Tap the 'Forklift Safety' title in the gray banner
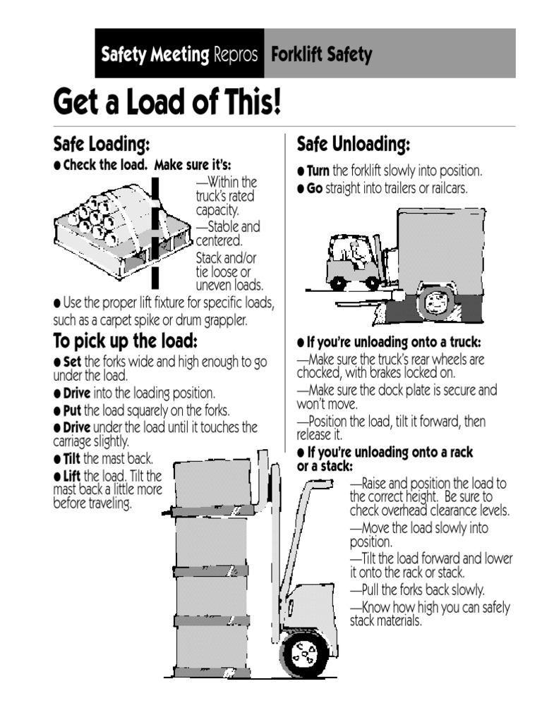(x=321, y=54)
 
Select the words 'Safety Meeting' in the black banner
(x=155, y=54)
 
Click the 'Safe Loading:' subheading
(x=102, y=145)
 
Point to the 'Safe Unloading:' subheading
(x=353, y=145)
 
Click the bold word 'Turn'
(x=318, y=171)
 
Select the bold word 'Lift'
(x=73, y=475)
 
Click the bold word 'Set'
(x=73, y=362)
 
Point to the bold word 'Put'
(x=73, y=410)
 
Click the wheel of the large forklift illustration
(x=304, y=654)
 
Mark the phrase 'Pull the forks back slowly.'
(x=422, y=589)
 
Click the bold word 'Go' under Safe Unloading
(x=314, y=188)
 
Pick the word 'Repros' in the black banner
(x=235, y=54)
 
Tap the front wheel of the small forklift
(x=373, y=283)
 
